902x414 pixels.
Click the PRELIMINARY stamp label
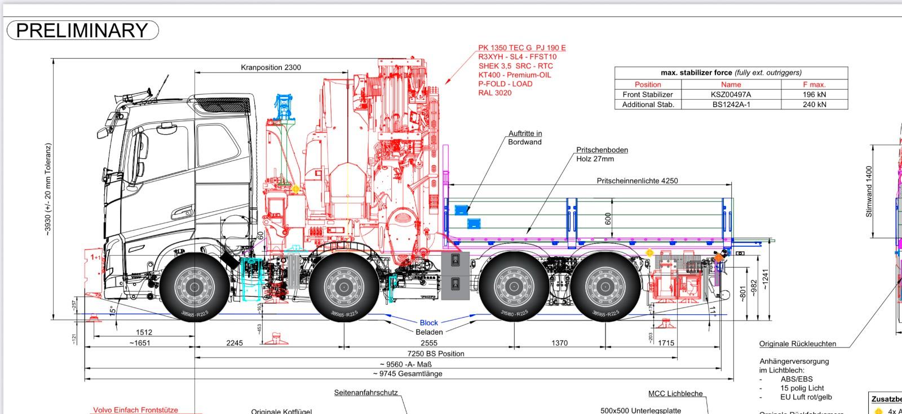pos(82,30)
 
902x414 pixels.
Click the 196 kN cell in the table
pos(814,95)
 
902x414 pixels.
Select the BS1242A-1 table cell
pos(731,104)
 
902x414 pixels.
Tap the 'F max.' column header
pos(814,84)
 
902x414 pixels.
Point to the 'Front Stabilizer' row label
pos(648,95)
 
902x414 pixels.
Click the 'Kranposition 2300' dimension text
pos(271,67)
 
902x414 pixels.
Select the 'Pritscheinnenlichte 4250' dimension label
pos(637,181)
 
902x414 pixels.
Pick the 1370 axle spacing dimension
pos(559,342)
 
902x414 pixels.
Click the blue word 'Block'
pos(428,323)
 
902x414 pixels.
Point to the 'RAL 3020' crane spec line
pos(494,93)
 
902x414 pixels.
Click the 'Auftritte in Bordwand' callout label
pos(525,137)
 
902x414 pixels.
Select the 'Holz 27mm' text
pos(595,159)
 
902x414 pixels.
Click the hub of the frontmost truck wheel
pos(194,287)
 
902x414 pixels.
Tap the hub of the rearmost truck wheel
pos(604,287)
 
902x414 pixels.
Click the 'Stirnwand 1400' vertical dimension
pos(869,192)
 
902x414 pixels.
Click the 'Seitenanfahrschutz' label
pos(366,393)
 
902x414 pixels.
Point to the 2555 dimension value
pos(428,342)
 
